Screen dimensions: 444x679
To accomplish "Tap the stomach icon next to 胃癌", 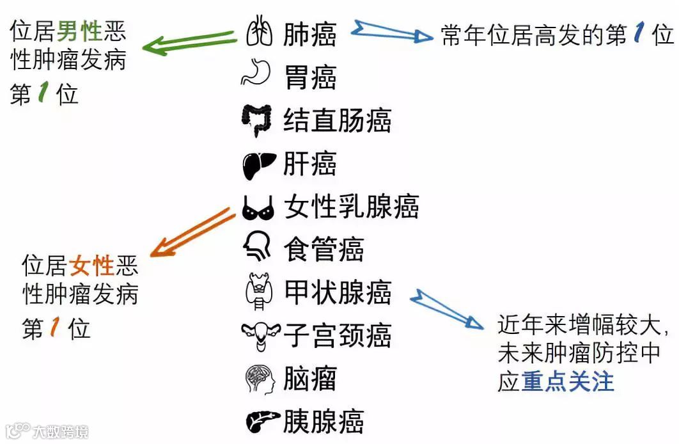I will pos(257,73).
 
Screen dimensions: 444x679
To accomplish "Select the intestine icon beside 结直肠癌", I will pos(257,120).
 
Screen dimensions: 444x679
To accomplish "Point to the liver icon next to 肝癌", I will pos(259,165).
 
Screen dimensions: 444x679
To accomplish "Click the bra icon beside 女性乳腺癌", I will pos(258,207).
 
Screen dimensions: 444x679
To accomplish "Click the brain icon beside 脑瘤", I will pos(260,379).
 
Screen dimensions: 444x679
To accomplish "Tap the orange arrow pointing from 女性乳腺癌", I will pos(192,232).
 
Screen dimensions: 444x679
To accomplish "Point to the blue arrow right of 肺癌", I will pos(393,32).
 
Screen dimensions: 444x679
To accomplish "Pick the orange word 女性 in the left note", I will pos(92,265).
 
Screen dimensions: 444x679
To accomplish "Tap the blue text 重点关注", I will pos(568,381).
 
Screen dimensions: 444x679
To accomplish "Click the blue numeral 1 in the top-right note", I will pos(638,35).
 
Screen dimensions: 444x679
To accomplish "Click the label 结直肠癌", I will pos(337,120).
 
